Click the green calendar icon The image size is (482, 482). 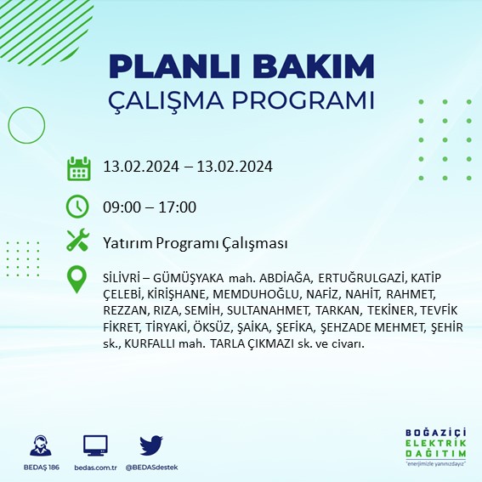click(x=78, y=167)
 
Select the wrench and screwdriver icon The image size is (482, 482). click(x=78, y=242)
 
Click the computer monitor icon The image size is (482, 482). click(x=95, y=445)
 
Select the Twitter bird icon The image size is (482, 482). click(x=151, y=445)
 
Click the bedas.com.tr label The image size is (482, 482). click(x=95, y=467)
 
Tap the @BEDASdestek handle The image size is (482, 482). click(x=154, y=467)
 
